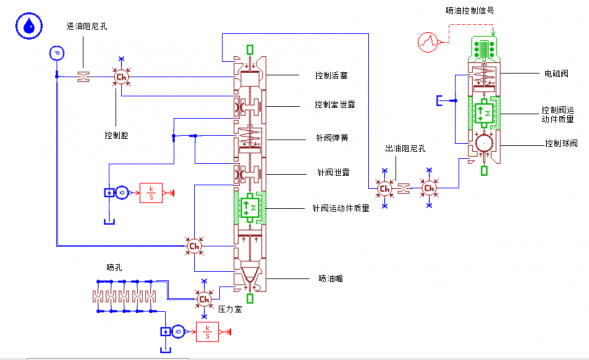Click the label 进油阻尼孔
point(86,25)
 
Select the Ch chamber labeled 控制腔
point(122,77)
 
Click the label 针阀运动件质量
point(341,208)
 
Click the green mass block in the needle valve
point(249,207)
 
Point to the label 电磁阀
point(556,73)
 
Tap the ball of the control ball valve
point(485,145)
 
